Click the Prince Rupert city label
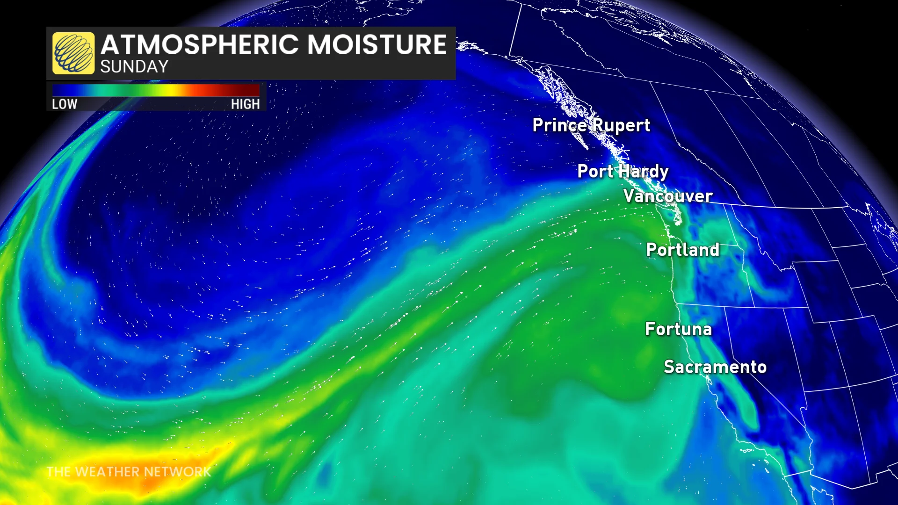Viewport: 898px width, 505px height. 591,125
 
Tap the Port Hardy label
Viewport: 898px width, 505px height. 623,171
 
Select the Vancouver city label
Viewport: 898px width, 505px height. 667,196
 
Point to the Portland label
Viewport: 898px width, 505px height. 682,250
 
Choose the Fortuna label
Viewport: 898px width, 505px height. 678,329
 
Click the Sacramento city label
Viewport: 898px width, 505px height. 715,367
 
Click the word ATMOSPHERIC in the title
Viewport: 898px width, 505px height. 200,45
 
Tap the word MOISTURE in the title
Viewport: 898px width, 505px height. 377,45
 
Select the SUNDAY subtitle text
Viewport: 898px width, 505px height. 134,67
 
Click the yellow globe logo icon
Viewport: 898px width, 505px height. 73,53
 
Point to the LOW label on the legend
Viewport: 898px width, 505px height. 65,104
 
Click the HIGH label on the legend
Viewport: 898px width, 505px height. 245,104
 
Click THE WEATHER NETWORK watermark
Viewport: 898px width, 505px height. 129,472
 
